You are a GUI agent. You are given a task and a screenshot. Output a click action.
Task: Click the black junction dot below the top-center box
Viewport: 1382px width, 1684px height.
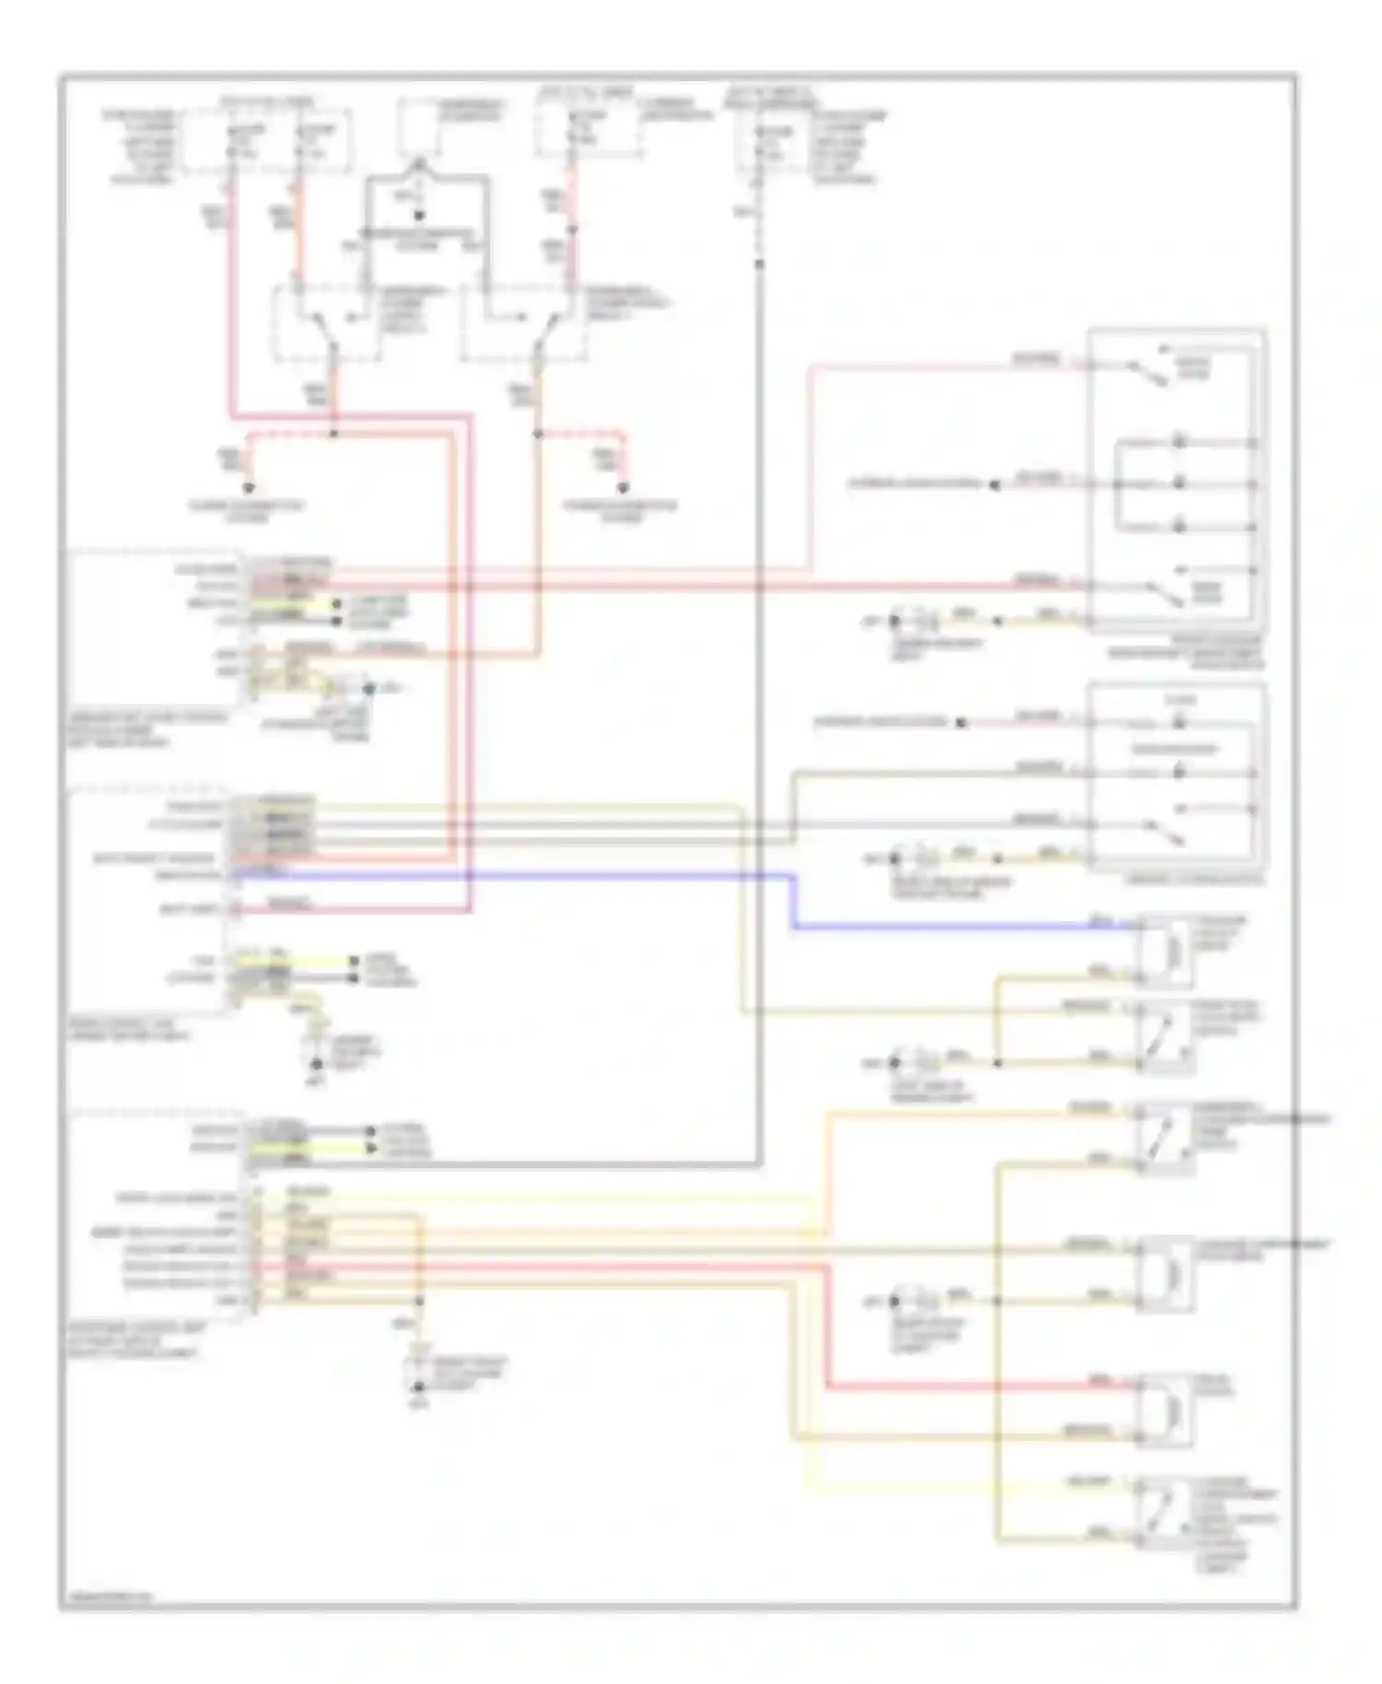(418, 216)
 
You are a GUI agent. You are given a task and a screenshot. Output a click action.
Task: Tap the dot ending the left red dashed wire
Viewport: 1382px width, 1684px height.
(248, 488)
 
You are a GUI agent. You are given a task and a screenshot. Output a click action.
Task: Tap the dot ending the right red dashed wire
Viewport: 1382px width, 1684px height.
(623, 488)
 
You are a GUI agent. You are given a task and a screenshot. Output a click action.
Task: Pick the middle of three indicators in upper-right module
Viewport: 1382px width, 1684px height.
(1178, 484)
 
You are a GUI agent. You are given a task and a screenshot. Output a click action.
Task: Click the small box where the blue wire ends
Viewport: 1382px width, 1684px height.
(1165, 949)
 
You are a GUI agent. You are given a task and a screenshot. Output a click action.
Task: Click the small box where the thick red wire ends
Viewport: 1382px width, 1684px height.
(1165, 1409)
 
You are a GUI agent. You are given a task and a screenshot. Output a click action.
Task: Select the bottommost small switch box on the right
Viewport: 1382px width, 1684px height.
(1165, 1512)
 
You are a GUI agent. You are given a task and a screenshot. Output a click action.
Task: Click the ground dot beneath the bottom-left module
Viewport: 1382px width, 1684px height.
(418, 1386)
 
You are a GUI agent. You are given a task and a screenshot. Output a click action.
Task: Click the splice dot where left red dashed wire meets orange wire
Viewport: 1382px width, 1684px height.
(334, 433)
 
